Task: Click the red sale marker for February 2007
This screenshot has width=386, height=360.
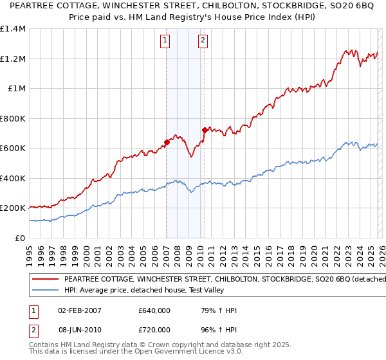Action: point(167,143)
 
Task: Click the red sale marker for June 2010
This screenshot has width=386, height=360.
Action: point(205,130)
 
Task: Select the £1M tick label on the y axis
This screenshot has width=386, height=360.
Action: point(16,89)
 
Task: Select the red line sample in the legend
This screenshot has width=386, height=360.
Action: point(44,280)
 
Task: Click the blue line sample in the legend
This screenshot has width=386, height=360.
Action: point(44,289)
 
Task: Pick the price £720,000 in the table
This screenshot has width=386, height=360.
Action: point(154,329)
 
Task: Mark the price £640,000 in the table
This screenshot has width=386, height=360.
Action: point(154,310)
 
